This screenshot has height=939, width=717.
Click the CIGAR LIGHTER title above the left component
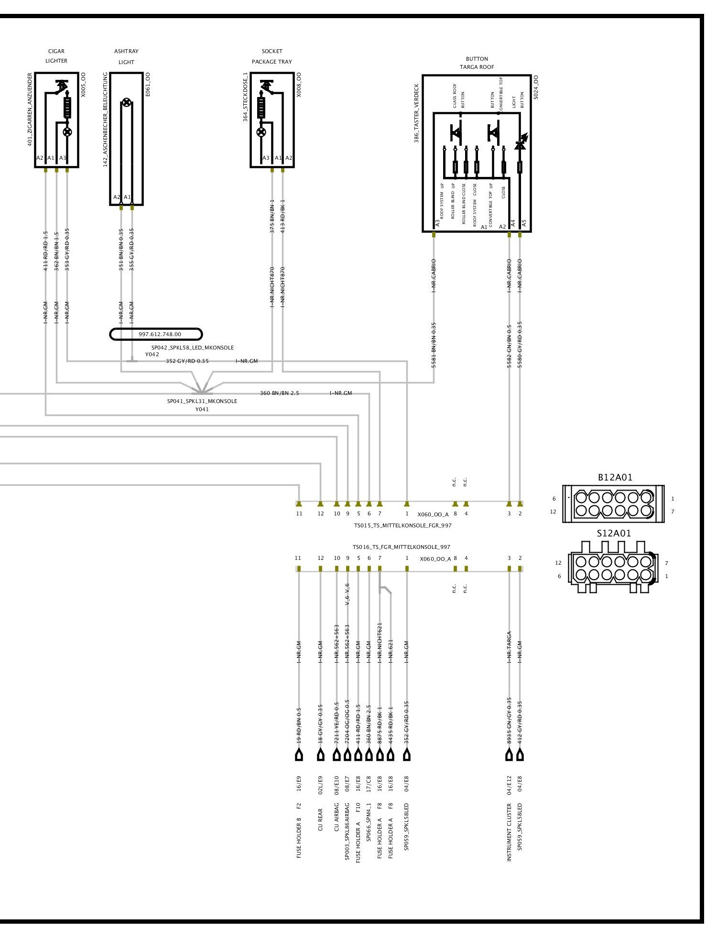(56, 56)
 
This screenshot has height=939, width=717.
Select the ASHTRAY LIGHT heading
(126, 56)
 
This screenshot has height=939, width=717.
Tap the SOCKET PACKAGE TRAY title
(272, 56)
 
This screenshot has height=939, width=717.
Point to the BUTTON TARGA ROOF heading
(477, 63)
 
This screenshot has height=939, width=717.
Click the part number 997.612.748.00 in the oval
(160, 334)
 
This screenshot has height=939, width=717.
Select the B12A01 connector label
(615, 477)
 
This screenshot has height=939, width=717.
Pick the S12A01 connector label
(614, 533)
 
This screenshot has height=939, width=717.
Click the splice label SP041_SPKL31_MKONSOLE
(202, 401)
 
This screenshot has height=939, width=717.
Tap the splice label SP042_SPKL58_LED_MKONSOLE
(193, 348)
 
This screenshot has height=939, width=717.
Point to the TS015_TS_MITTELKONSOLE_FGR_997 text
(402, 525)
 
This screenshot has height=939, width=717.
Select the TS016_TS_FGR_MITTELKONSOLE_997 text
(402, 547)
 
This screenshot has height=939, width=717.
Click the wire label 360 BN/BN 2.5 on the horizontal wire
(279, 393)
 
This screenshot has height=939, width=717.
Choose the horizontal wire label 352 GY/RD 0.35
(187, 361)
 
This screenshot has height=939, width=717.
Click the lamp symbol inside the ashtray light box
(126, 102)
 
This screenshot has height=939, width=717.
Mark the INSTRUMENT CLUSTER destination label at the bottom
(509, 832)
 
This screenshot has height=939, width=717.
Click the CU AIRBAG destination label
(337, 819)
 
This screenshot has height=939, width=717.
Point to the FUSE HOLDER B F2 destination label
(299, 830)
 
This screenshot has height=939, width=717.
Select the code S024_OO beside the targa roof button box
(536, 87)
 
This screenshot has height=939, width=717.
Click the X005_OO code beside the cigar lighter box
(83, 85)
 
